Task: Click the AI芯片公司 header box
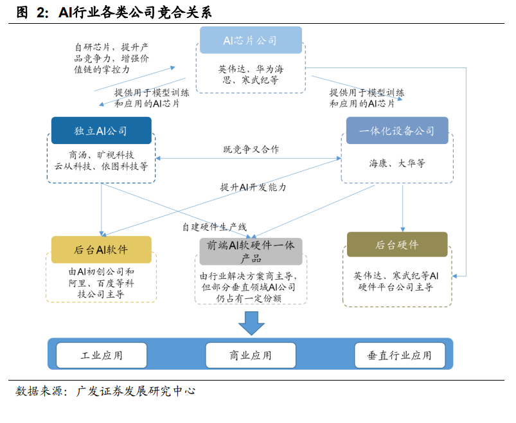pos(250,40)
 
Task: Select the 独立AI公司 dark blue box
pos(101,130)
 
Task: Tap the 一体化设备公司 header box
pos(397,130)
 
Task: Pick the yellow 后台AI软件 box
pos(101,249)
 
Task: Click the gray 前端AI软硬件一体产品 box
pos(251,251)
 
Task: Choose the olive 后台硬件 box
pos(396,245)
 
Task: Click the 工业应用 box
pos(102,355)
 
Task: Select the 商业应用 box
pos(251,355)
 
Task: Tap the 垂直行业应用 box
pos(399,355)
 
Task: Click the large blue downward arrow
pos(251,323)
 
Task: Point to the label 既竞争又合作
pos(251,149)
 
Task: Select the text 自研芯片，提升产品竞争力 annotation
pos(112,58)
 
